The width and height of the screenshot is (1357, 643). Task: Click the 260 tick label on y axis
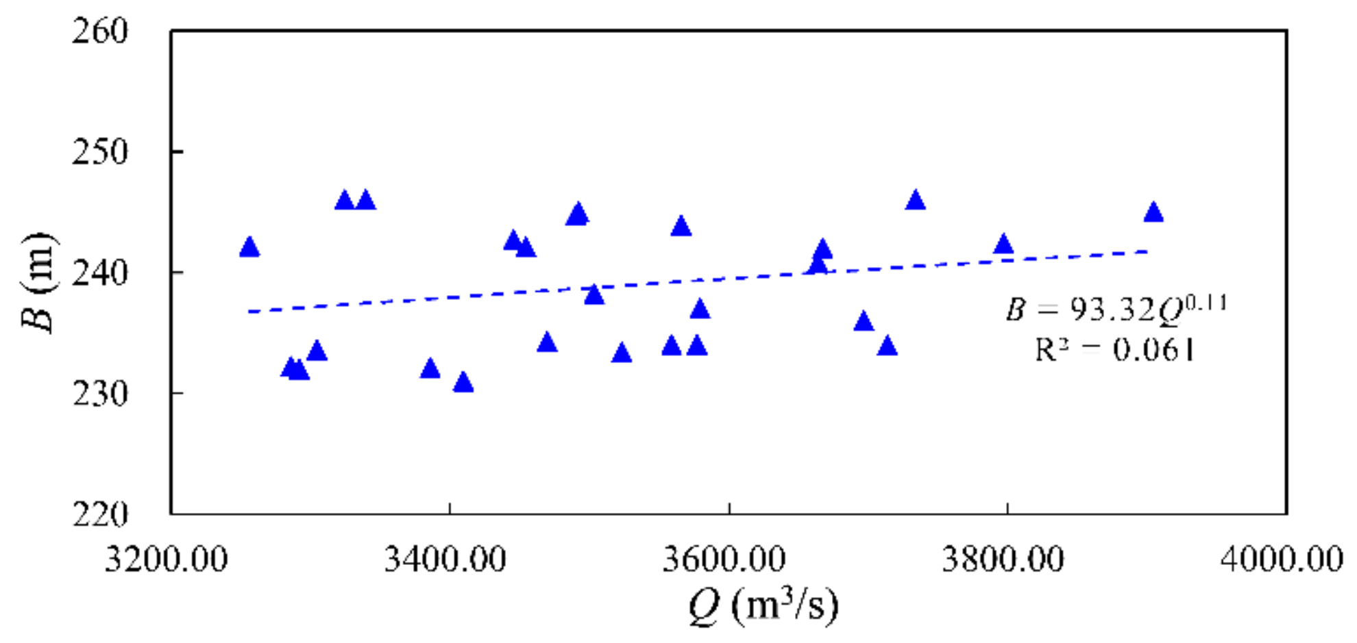[100, 31]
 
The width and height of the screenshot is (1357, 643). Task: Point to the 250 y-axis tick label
[100, 152]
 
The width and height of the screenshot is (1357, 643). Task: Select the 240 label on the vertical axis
[100, 273]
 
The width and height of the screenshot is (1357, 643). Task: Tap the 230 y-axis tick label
[100, 394]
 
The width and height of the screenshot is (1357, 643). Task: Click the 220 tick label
[100, 514]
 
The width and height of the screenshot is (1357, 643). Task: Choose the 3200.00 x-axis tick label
[166, 559]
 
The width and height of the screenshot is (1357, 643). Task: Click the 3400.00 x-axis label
[445, 559]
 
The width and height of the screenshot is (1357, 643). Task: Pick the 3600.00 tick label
[724, 559]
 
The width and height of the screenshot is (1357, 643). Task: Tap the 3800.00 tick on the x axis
[1003, 559]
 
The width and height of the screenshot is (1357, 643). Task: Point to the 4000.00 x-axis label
[1281, 559]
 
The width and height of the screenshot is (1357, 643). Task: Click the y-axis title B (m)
[39, 282]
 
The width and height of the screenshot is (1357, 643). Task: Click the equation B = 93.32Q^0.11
[1116, 309]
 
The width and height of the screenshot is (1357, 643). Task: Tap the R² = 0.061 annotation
[1114, 350]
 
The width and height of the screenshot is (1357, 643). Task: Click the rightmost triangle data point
[1154, 213]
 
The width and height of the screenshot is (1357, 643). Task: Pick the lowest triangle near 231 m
[463, 383]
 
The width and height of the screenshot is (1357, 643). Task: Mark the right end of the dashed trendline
[1147, 251]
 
